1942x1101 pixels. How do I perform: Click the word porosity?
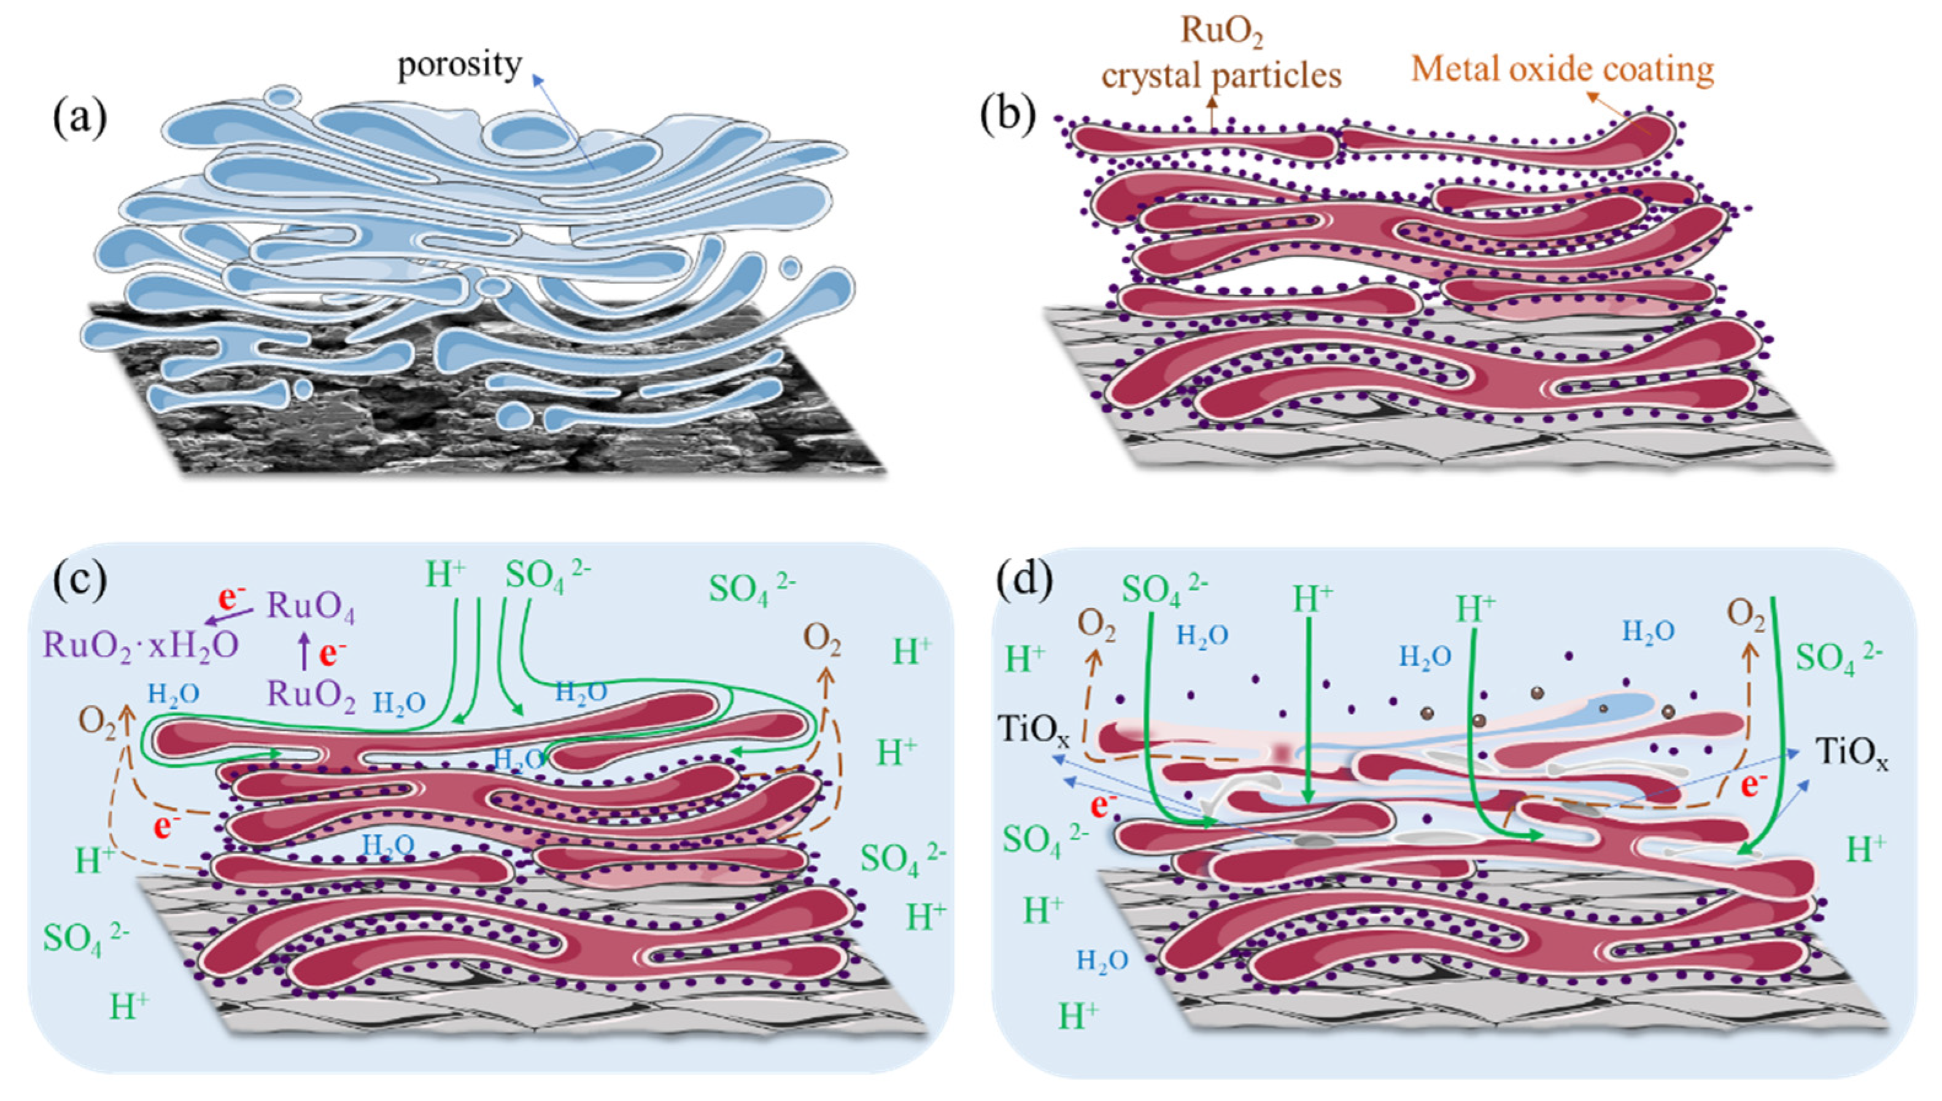pos(460,66)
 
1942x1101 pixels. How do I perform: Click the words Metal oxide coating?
pos(1561,69)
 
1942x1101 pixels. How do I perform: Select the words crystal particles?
pos(1221,75)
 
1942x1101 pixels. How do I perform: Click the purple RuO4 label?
pos(311,607)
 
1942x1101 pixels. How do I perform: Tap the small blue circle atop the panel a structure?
pos(285,97)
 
